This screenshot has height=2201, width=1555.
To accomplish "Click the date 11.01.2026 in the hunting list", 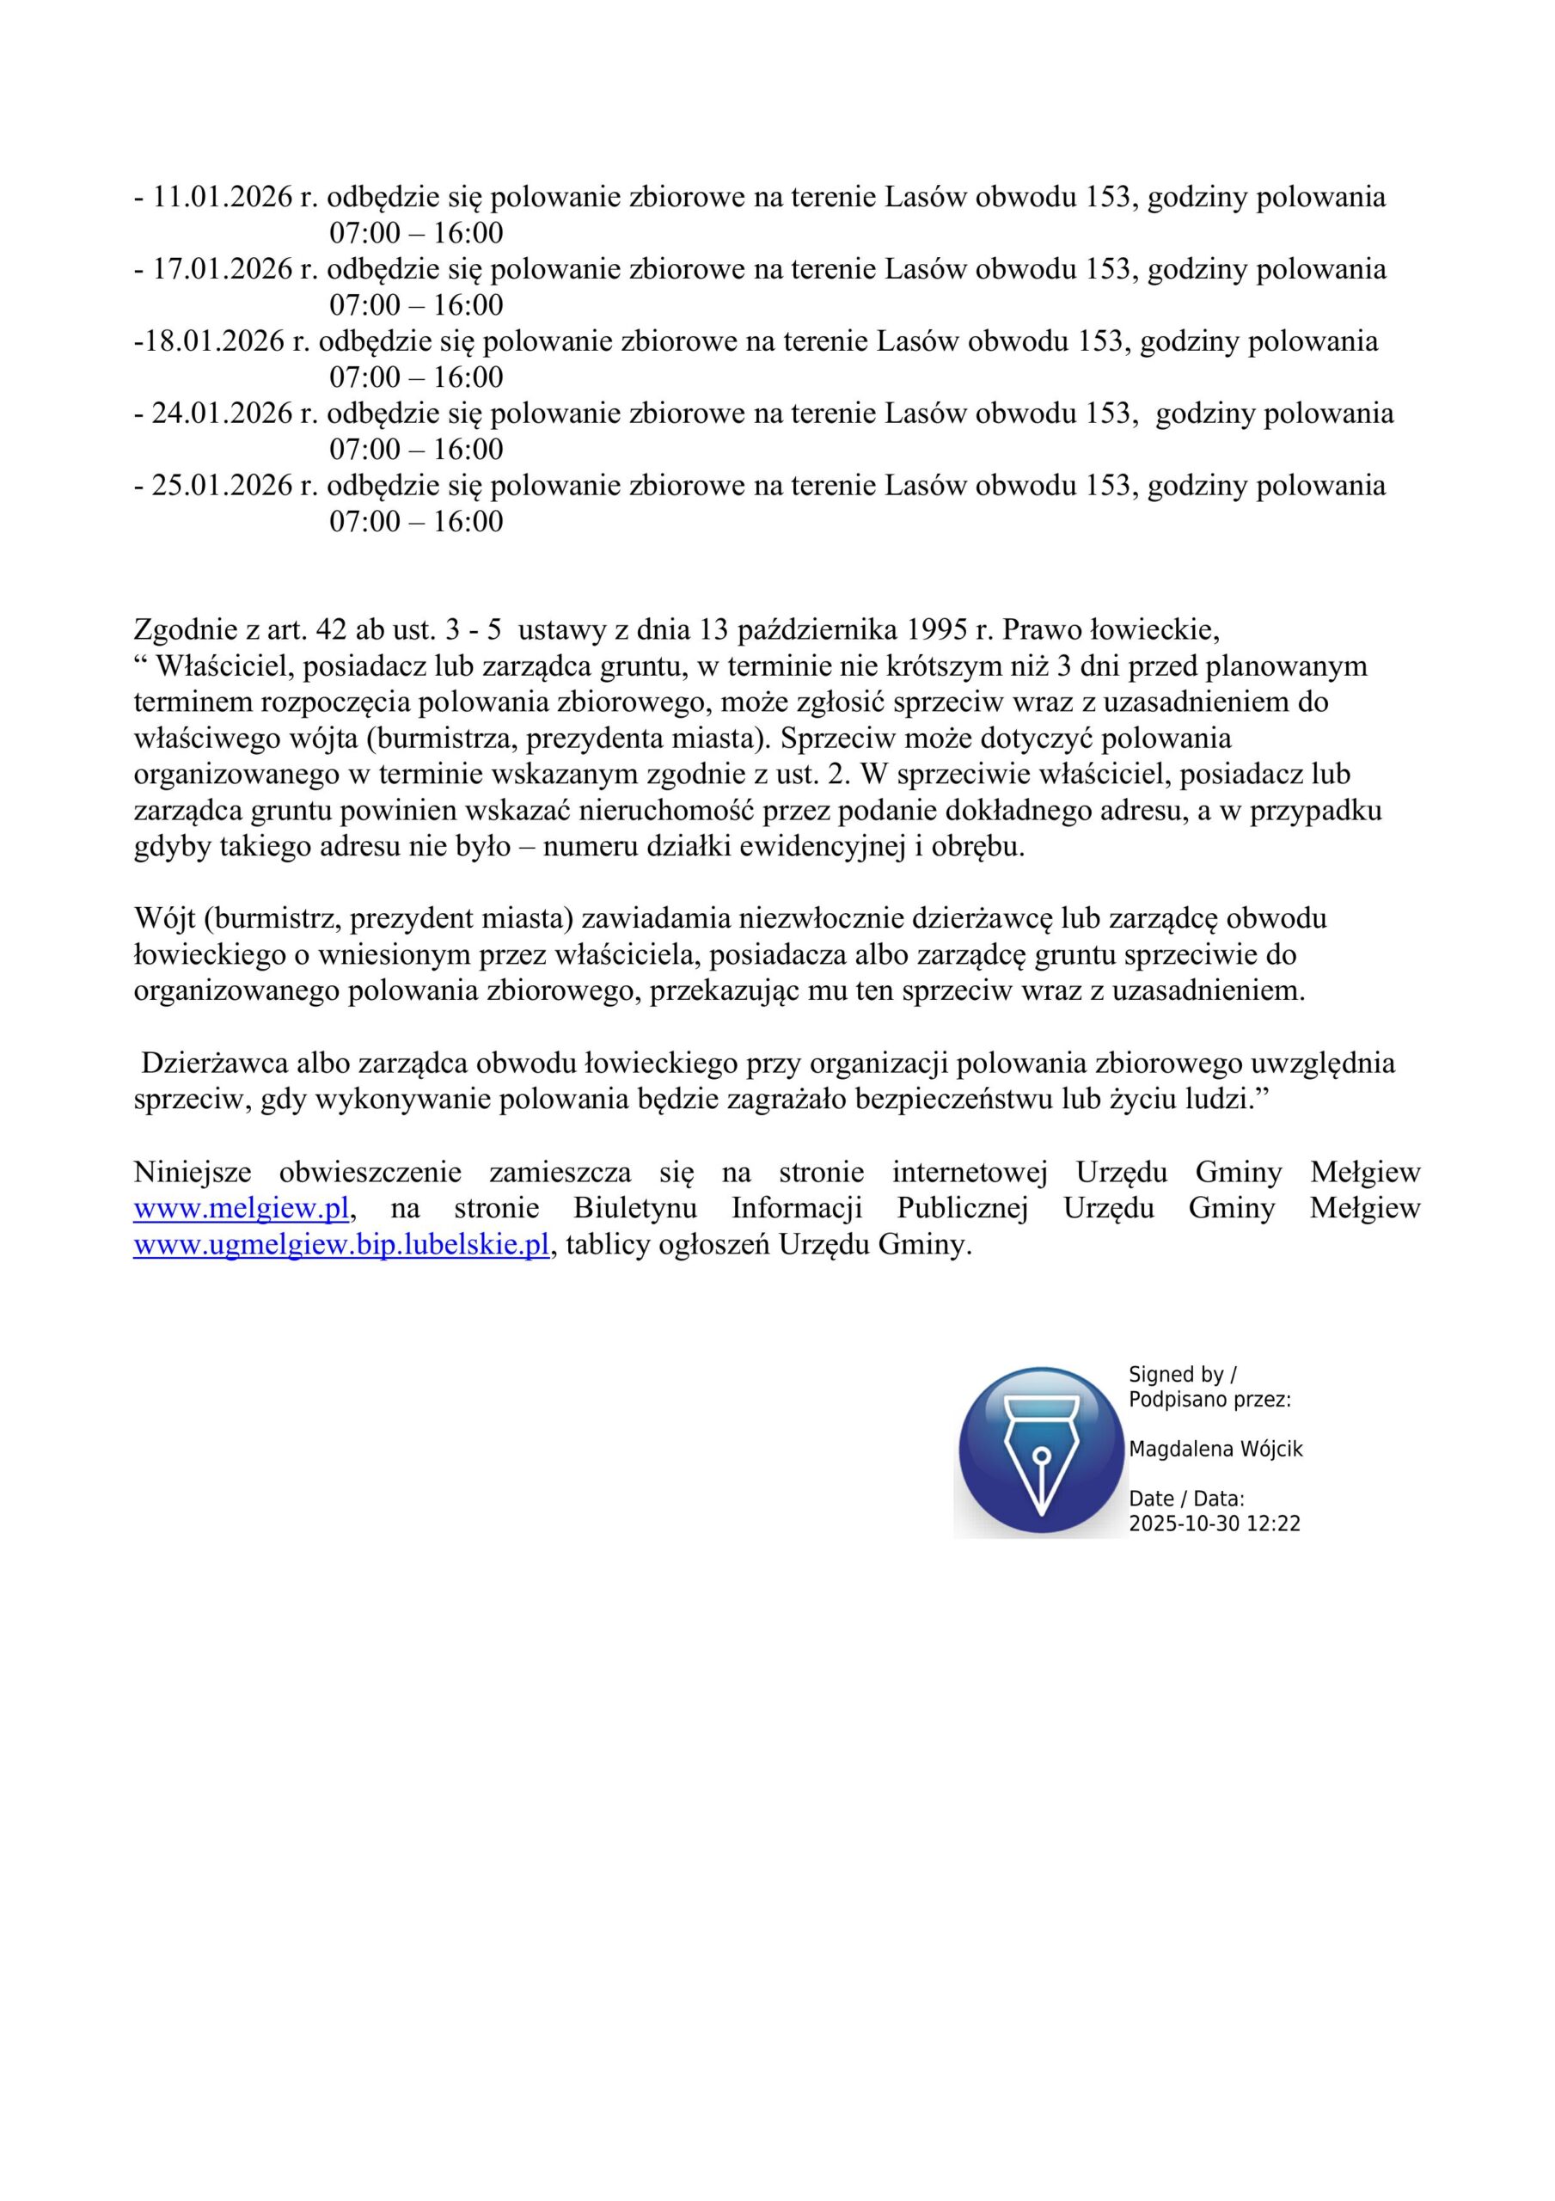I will [223, 198].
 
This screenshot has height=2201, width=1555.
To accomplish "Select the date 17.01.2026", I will [223, 269].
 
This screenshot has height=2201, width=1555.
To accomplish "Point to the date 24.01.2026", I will [223, 414].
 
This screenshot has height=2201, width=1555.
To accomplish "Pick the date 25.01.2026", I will [223, 485].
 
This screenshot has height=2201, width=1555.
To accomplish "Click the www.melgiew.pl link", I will [241, 1209].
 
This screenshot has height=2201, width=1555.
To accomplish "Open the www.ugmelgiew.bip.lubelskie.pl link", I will [341, 1245].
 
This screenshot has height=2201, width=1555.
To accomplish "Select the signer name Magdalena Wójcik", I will [1215, 1450].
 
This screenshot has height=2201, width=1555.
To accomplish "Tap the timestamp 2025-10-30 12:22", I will [1214, 1524].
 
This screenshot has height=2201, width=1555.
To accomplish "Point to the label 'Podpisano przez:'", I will [1209, 1400].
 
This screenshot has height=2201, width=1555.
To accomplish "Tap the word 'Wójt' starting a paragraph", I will [165, 919].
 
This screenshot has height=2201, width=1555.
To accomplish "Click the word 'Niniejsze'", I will [193, 1173].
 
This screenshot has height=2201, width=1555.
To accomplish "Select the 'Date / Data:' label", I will [1186, 1499].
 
